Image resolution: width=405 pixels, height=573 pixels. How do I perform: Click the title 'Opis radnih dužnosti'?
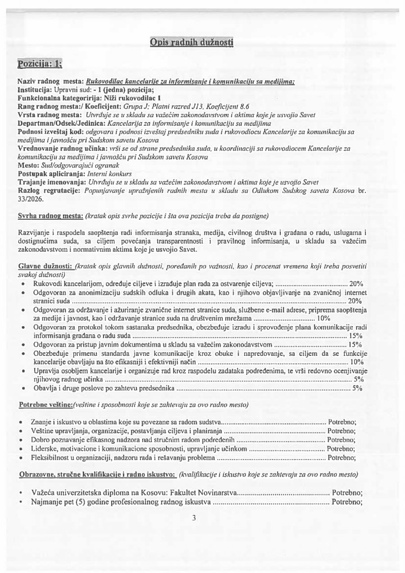pos(191,42)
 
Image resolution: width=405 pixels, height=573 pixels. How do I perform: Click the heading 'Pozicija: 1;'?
pos(40,64)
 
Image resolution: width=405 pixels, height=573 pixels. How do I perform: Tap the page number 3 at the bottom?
pos(194,518)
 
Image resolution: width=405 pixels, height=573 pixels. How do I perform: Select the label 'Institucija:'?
pos(34,90)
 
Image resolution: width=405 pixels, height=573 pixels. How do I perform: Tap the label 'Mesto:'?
pos(28,166)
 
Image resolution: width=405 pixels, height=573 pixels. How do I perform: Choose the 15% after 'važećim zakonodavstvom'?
pos(355,345)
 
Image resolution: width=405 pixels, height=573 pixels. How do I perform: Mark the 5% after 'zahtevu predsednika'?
pos(357,387)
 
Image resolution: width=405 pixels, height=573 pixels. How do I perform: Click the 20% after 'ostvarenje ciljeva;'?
pos(356,284)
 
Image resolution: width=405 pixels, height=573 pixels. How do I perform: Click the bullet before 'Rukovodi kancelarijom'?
pos(23,284)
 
